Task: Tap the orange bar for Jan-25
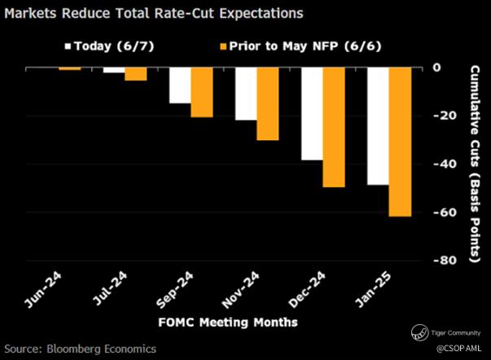400,142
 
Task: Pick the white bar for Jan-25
378,126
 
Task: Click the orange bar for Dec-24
334,128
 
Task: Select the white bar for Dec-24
312,114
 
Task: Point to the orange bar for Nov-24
268,104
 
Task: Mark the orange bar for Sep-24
201,92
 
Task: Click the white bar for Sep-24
179,86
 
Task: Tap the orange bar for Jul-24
135,74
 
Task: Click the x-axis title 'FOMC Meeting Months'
229,323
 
